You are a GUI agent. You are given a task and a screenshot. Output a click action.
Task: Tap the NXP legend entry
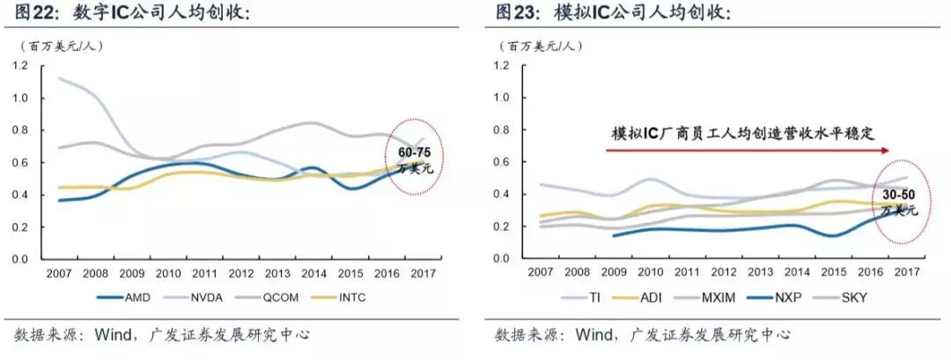tap(800, 298)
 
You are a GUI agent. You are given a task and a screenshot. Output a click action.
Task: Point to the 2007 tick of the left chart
tap(59, 272)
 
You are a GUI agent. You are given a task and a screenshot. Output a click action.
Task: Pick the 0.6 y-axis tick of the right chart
tap(503, 163)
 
